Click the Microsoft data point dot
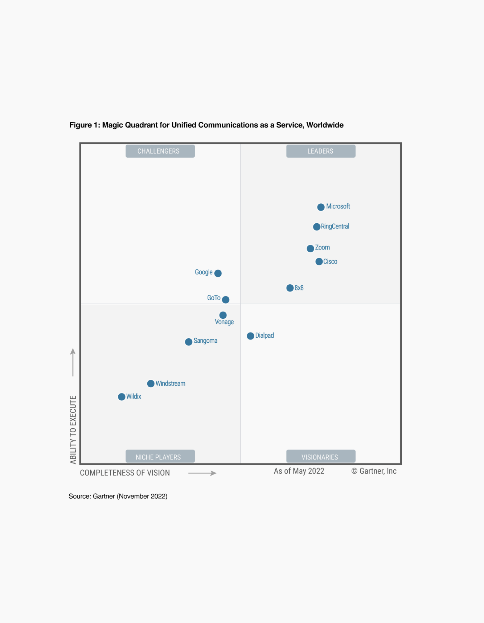point(321,207)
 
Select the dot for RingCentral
point(316,227)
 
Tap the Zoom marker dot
point(310,249)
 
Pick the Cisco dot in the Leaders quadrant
point(319,262)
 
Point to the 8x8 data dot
point(290,288)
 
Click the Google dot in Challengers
point(218,273)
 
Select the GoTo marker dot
point(226,300)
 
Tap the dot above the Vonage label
point(223,315)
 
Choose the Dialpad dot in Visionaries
point(250,336)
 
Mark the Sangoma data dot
point(188,342)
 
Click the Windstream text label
point(170,383)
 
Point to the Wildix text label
point(134,397)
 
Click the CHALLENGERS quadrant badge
point(160,151)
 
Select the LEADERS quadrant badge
point(320,151)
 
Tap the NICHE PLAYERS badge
point(160,457)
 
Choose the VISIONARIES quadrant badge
point(320,457)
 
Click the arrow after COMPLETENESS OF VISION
point(202,473)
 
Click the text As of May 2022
point(299,471)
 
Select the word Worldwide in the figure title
point(325,125)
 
